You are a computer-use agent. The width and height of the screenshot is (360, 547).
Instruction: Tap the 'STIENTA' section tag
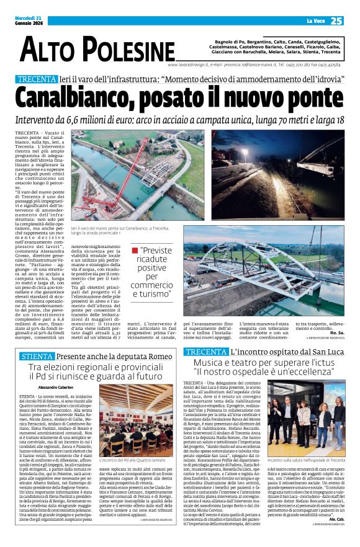[x=37, y=357]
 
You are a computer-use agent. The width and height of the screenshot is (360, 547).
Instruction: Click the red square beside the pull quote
[x=135, y=251]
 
